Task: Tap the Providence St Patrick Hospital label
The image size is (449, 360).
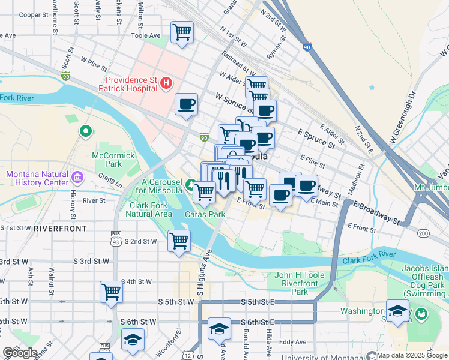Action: pyautogui.click(x=133, y=85)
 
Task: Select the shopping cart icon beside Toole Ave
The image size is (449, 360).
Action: pyautogui.click(x=182, y=32)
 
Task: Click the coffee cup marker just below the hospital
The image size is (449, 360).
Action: pyautogui.click(x=186, y=104)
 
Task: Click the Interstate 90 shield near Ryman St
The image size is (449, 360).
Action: pyautogui.click(x=307, y=46)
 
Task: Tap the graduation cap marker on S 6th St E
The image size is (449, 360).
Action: pyautogui.click(x=220, y=328)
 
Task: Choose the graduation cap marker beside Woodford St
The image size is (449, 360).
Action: pyautogui.click(x=133, y=340)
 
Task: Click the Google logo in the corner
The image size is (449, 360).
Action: pyautogui.click(x=20, y=353)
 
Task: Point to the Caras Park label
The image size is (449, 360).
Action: pyautogui.click(x=205, y=214)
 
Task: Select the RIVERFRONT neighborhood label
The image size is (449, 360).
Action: pyautogui.click(x=60, y=229)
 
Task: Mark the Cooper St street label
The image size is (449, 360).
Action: pyautogui.click(x=33, y=16)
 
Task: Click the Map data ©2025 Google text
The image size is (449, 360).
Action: pyautogui.click(x=412, y=355)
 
